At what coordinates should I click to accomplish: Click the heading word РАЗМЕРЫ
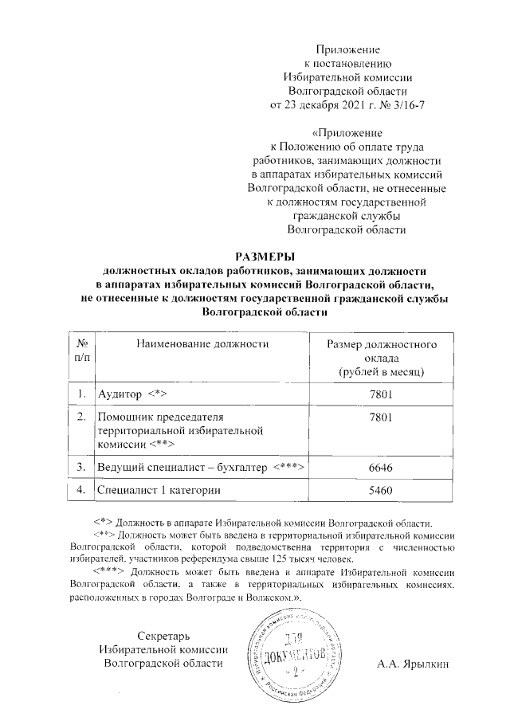point(264,256)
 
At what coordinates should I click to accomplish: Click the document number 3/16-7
point(404,104)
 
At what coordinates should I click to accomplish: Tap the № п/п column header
point(81,351)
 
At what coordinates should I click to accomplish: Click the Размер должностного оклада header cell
point(381,358)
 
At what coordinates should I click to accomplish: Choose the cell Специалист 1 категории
point(158,492)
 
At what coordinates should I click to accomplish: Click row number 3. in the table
point(81,466)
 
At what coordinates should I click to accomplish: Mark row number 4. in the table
point(81,492)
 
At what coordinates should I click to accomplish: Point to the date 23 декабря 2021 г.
point(326,104)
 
